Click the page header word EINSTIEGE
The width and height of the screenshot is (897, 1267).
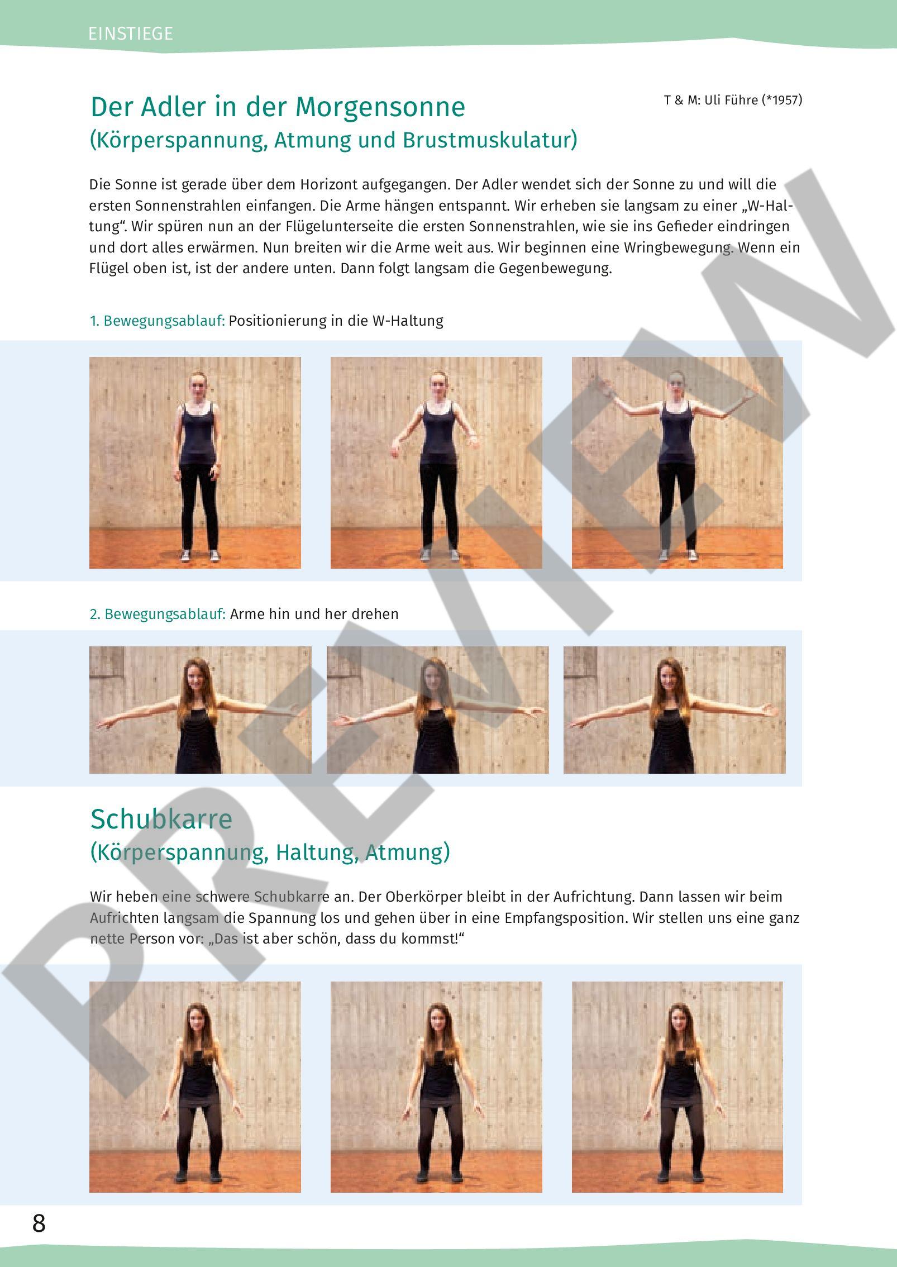[131, 34]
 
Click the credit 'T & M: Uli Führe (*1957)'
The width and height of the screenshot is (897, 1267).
[733, 100]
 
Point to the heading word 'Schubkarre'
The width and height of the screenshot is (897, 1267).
[161, 819]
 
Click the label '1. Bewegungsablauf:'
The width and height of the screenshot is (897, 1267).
[158, 321]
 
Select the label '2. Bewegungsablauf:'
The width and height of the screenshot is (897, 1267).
[158, 614]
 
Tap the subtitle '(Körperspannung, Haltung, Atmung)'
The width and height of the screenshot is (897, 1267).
[270, 852]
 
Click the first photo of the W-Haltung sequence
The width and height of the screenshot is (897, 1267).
[195, 463]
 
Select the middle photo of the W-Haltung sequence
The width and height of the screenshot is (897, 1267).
[436, 463]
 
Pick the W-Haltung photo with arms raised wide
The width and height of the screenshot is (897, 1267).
[677, 463]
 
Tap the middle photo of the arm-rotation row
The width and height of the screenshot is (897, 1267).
[438, 710]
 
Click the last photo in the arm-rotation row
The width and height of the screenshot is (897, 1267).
[675, 710]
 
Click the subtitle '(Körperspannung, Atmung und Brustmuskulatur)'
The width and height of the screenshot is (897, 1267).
[334, 140]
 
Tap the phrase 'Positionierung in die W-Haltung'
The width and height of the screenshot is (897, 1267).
[336, 321]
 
